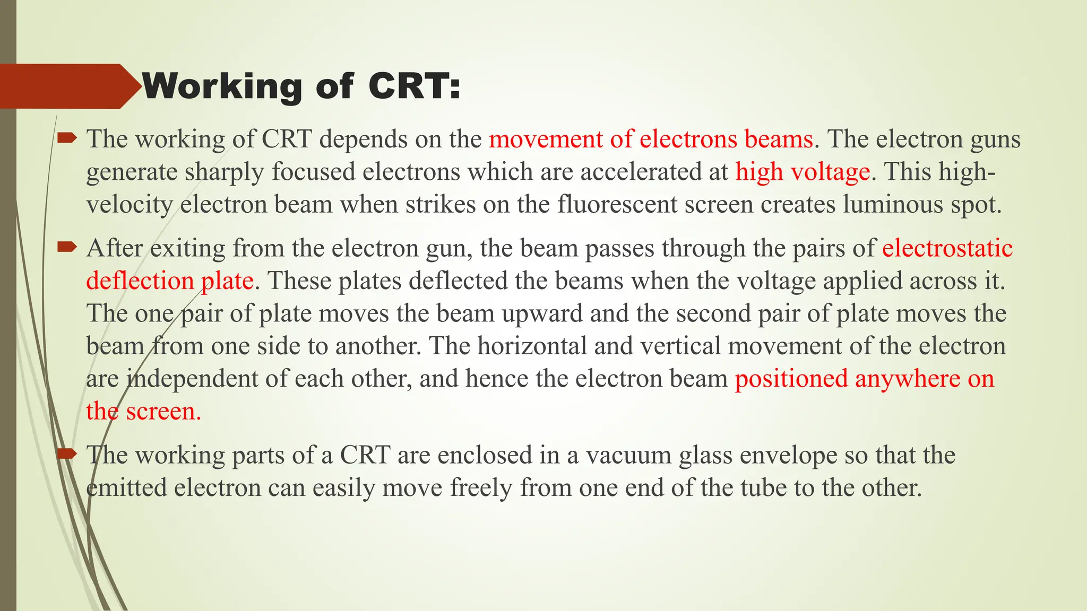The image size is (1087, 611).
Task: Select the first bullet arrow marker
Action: point(67,139)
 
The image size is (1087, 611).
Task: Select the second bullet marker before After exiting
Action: point(67,247)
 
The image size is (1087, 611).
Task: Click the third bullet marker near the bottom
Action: point(67,453)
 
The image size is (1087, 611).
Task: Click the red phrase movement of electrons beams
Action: point(651,139)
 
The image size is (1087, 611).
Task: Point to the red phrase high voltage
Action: point(803,172)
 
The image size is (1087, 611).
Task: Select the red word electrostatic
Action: point(947,248)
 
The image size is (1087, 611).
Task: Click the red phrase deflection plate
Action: point(170,281)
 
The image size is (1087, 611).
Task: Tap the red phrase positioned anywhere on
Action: point(864,379)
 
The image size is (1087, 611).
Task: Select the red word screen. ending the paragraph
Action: point(163,412)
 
